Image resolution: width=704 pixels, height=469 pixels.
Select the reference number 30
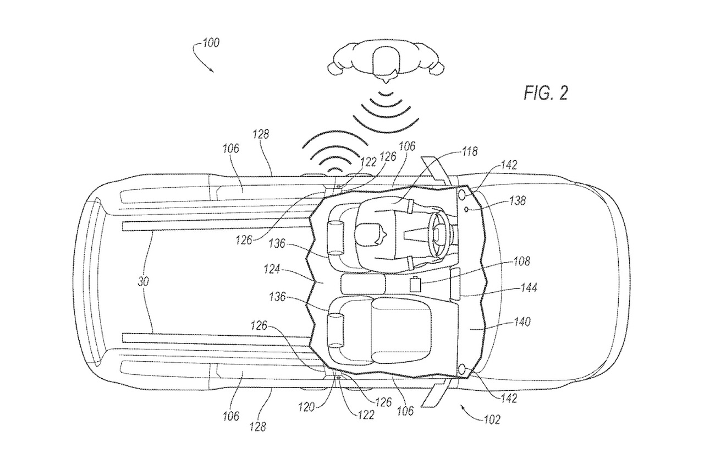(x=143, y=281)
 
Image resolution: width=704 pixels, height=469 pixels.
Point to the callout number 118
(x=470, y=151)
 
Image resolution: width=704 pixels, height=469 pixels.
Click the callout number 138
(x=518, y=201)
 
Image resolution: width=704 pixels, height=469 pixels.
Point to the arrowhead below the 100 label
(x=212, y=70)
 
